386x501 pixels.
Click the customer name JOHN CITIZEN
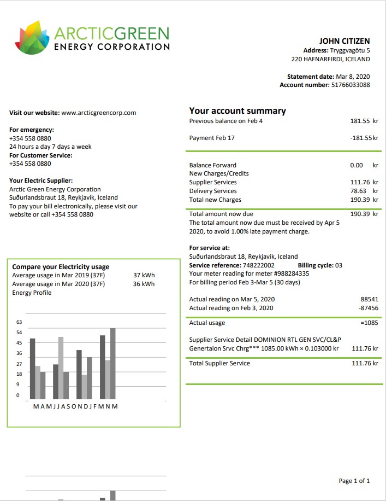tap(345, 41)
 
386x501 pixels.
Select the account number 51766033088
tap(351, 85)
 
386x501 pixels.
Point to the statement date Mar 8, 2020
tap(353, 77)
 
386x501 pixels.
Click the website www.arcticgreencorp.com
tap(99, 113)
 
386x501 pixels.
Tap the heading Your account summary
tap(237, 111)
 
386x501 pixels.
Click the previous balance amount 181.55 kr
tap(364, 121)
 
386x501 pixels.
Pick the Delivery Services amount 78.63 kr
tap(364, 191)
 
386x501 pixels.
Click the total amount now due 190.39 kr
tap(364, 214)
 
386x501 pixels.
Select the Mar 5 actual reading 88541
tap(370, 299)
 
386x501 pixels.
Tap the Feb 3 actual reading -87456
tap(369, 308)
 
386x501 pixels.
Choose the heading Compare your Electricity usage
tap(61, 267)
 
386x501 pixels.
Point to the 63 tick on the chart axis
tap(19, 322)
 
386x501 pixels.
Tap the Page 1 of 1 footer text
tap(354, 481)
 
